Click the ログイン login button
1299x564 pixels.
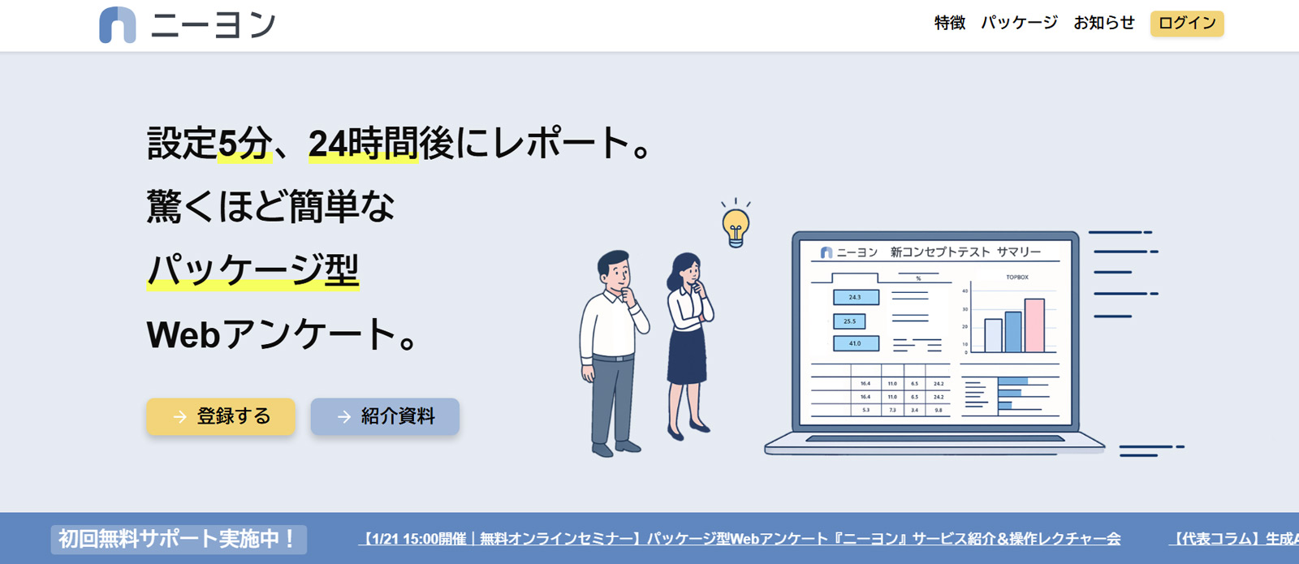1186,24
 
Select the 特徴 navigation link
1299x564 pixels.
949,23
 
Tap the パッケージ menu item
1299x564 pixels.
1019,23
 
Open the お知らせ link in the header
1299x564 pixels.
1103,23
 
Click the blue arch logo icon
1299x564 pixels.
117,24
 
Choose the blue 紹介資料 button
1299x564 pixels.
385,416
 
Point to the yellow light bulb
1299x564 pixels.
736,225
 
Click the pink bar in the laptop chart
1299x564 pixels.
1034,325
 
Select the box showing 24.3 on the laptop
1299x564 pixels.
856,297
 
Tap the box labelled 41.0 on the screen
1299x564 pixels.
856,343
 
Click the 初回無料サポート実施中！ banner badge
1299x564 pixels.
179,539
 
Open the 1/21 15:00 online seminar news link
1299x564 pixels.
739,539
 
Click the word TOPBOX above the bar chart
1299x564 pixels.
1017,278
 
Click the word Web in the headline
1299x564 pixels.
183,334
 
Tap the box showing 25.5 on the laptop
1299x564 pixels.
849,321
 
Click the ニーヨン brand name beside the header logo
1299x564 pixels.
214,25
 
